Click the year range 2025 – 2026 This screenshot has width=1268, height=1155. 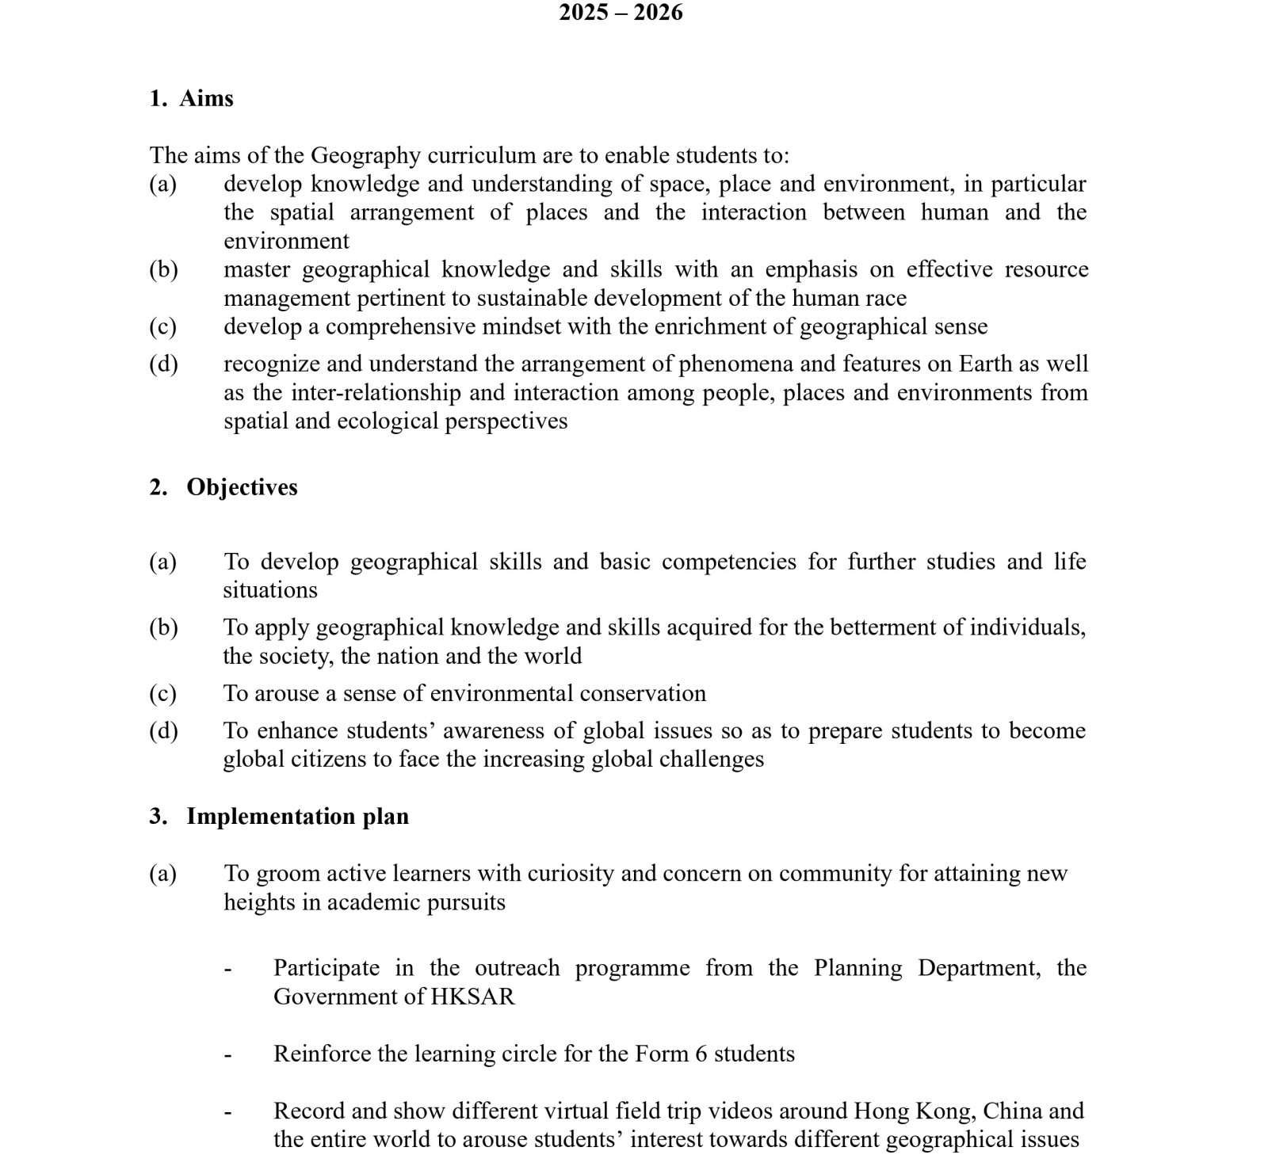point(621,13)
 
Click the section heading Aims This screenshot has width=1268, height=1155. point(206,98)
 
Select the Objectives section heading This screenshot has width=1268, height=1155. point(242,487)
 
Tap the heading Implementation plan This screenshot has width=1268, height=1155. point(297,817)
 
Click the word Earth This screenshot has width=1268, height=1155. point(986,364)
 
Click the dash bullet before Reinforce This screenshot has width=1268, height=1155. point(228,1056)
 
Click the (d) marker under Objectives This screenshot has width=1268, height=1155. point(163,730)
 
